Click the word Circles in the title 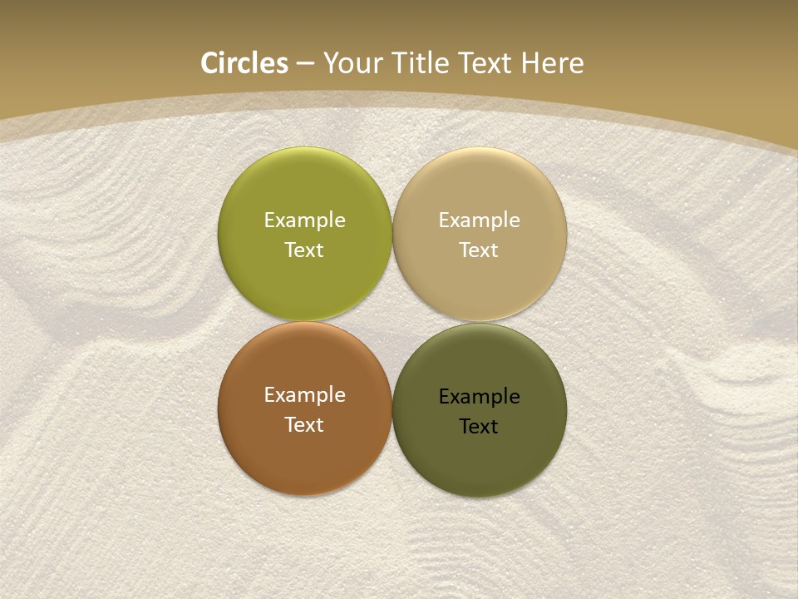tap(244, 63)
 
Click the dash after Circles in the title tap(305, 64)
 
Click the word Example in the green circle tap(304, 220)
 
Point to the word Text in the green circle tap(304, 250)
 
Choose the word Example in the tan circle tap(479, 220)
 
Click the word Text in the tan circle tap(479, 250)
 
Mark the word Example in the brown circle tap(304, 395)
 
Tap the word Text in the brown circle tap(304, 425)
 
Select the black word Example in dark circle tap(479, 397)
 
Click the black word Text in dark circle tap(479, 427)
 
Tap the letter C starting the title tap(209, 63)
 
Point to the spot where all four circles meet tap(392, 321)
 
